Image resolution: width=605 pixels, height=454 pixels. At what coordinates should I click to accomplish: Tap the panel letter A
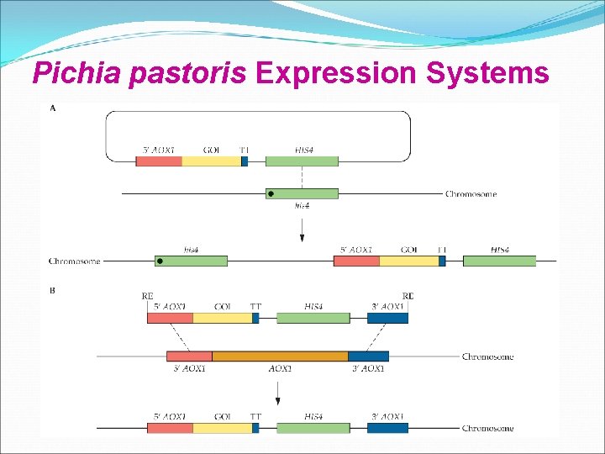click(x=54, y=108)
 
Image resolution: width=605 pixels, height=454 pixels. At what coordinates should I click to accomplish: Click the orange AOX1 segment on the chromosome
click(x=280, y=356)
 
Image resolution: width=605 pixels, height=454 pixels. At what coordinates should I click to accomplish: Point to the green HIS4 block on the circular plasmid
click(x=302, y=161)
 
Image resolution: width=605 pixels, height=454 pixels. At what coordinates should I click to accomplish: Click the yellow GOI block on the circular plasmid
click(x=211, y=161)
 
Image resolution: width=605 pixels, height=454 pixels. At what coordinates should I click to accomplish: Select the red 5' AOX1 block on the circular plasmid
click(x=159, y=161)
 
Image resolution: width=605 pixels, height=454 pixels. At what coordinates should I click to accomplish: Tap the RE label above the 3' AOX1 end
click(x=408, y=295)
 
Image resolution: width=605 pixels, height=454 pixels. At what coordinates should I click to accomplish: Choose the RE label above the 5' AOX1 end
click(x=147, y=295)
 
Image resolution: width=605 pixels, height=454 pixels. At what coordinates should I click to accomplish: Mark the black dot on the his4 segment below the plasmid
click(x=271, y=194)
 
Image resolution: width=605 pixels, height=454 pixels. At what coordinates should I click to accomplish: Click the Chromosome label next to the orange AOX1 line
click(x=487, y=356)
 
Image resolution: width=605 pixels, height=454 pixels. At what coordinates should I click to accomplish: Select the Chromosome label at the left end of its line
click(x=74, y=261)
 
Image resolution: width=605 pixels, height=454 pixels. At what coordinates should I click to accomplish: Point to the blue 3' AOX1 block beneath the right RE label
click(x=387, y=318)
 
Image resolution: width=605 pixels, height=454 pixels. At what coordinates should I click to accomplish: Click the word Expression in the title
click(x=336, y=74)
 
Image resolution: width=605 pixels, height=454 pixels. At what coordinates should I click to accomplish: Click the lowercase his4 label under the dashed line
click(x=302, y=206)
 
